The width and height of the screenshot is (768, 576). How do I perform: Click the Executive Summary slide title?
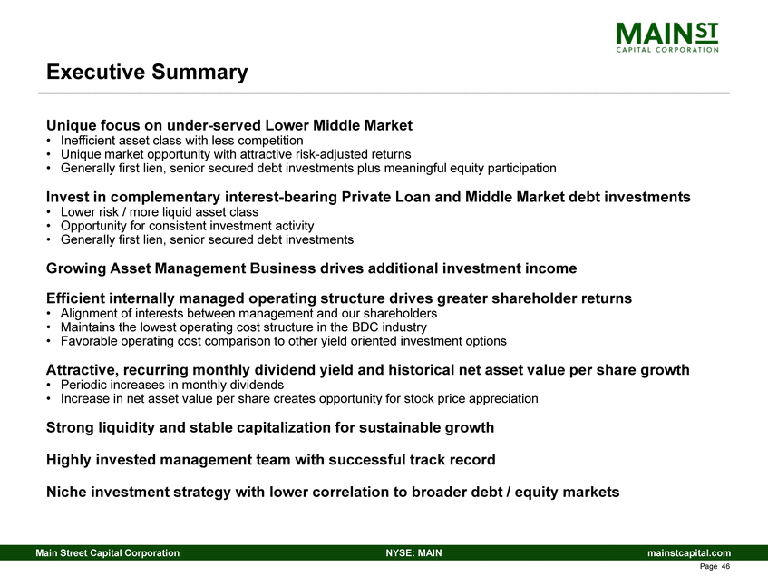click(147, 73)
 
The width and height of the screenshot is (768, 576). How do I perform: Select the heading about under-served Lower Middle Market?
click(229, 125)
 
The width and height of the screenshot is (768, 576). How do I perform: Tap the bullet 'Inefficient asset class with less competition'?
click(181, 142)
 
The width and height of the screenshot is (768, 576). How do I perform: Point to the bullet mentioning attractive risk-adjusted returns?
click(236, 155)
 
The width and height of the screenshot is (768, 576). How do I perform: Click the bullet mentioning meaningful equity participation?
click(308, 169)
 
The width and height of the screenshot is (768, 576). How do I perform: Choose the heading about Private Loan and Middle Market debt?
click(368, 197)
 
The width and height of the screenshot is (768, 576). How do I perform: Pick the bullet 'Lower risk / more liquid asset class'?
click(160, 212)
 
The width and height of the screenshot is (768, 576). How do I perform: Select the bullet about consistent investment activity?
click(188, 226)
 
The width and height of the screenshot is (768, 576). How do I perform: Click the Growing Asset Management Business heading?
click(311, 268)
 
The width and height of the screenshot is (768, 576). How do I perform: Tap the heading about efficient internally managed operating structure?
click(339, 298)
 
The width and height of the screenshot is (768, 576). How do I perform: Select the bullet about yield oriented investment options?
click(283, 341)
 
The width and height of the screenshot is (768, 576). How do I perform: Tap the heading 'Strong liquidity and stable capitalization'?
click(270, 427)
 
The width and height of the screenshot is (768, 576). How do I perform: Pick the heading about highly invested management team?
click(271, 460)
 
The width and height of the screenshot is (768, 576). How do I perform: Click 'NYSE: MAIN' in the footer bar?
click(413, 552)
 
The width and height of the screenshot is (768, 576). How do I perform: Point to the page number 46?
click(716, 567)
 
